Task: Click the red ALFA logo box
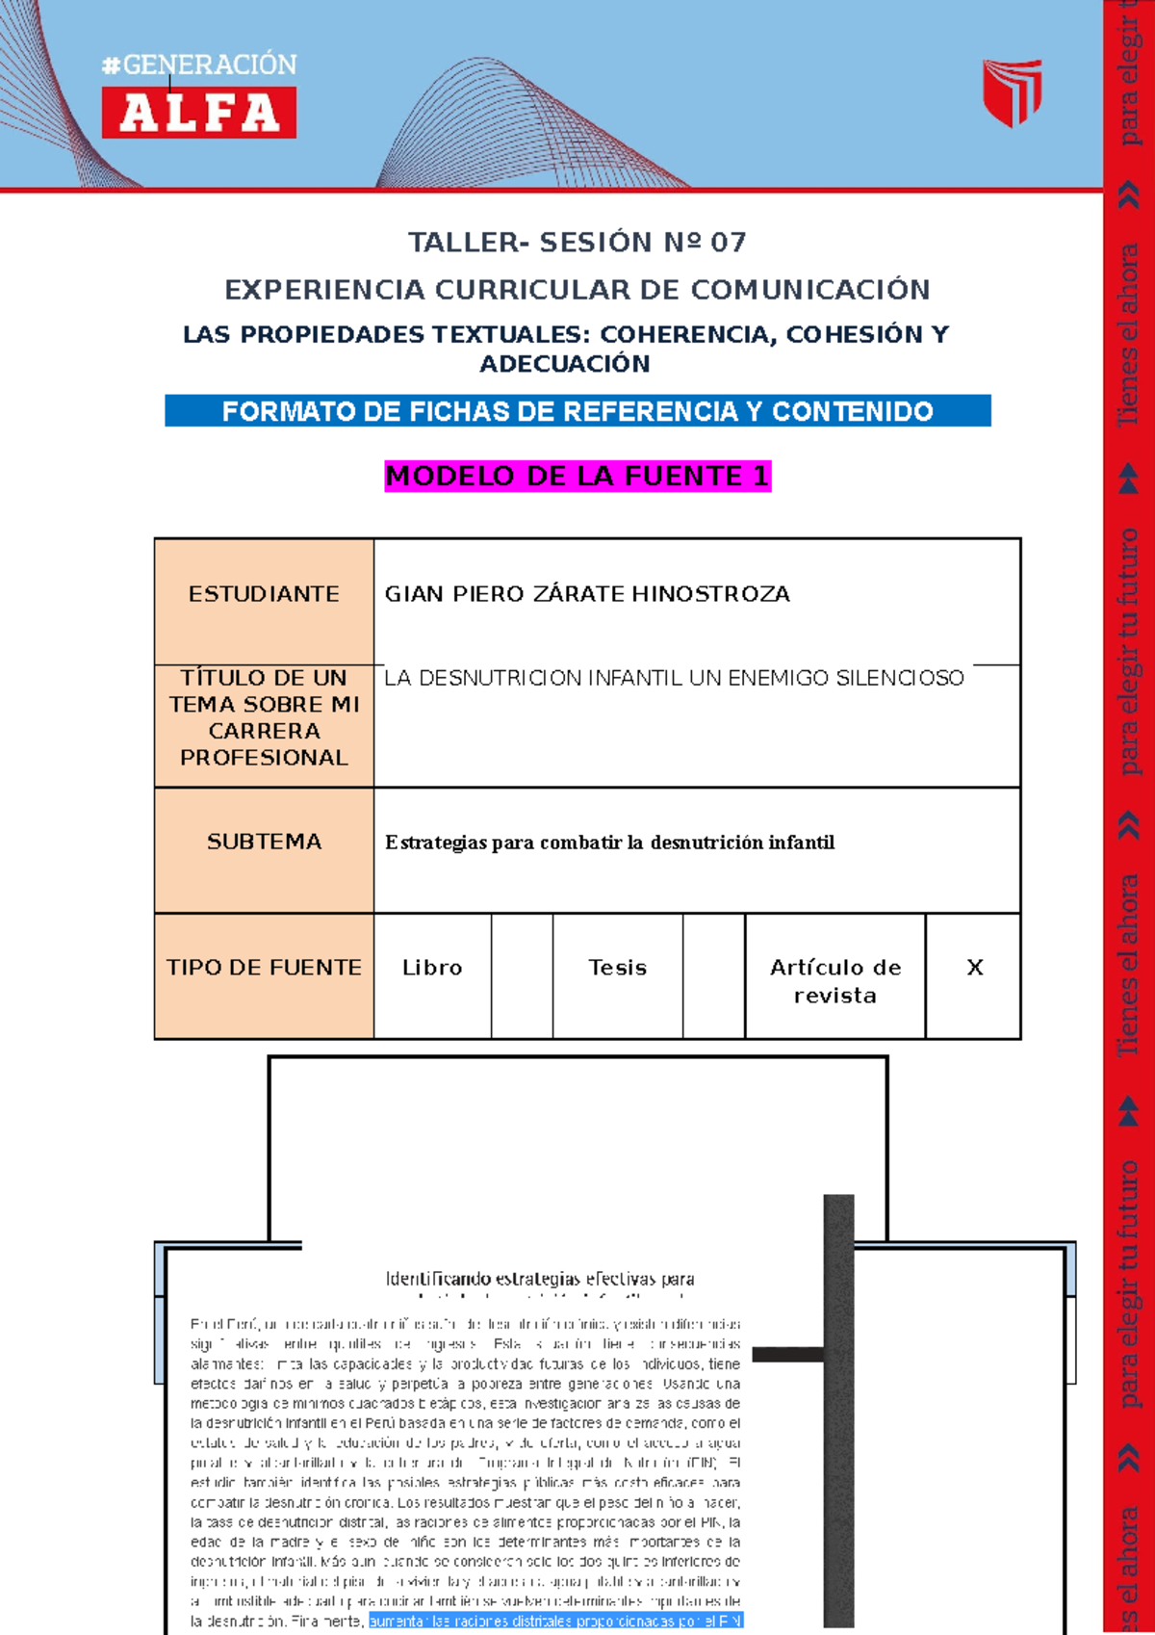pyautogui.click(x=199, y=113)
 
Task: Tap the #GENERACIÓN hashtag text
pyautogui.click(x=199, y=65)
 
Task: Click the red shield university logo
pyautogui.click(x=1012, y=92)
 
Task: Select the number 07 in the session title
pyautogui.click(x=729, y=243)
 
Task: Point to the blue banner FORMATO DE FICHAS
pyautogui.click(x=577, y=411)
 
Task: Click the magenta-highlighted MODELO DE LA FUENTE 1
pyautogui.click(x=577, y=476)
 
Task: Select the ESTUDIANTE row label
pyautogui.click(x=264, y=594)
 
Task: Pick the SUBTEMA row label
pyautogui.click(x=264, y=842)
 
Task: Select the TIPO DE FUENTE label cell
pyautogui.click(x=264, y=968)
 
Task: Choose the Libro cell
pyautogui.click(x=432, y=968)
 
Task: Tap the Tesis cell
pyautogui.click(x=618, y=968)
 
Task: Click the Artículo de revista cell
pyautogui.click(x=835, y=980)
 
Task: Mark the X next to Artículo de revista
pyautogui.click(x=974, y=968)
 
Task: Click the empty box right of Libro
pyautogui.click(x=522, y=975)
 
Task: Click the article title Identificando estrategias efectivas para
pyautogui.click(x=540, y=1280)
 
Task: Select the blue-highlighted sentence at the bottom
pyautogui.click(x=555, y=1622)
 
